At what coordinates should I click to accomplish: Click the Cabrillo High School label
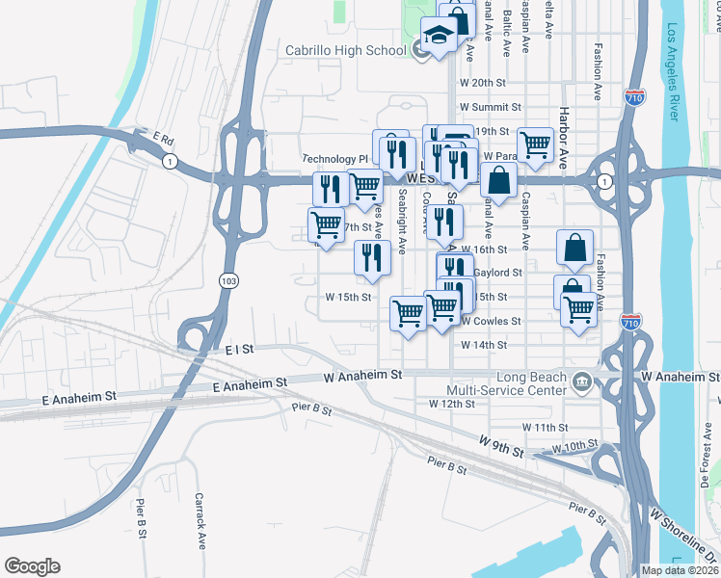coord(346,50)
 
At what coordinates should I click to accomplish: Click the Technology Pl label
coord(335,159)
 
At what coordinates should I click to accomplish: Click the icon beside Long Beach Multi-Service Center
coord(582,382)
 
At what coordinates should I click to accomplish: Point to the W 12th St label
coord(452,404)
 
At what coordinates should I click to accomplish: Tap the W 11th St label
coord(546,426)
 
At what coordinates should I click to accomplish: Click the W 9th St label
coord(501,445)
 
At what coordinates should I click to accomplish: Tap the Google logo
coord(32,566)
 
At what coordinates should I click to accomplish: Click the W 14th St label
coord(484,345)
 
